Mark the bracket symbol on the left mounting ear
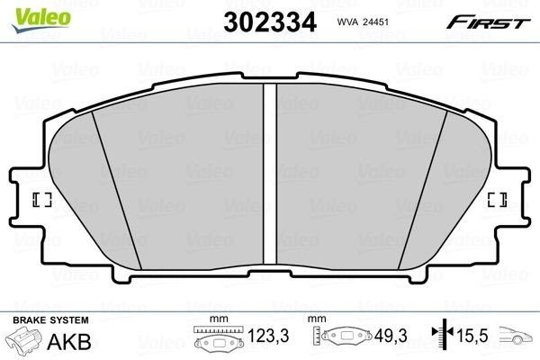click(40, 200)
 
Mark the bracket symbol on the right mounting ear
click(496, 200)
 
